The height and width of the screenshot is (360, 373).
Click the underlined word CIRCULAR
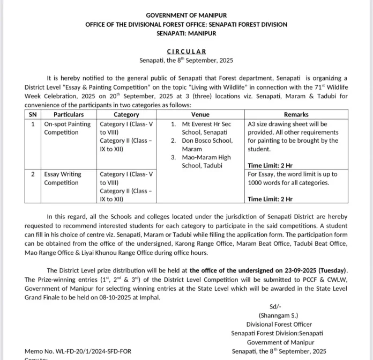click(x=186, y=51)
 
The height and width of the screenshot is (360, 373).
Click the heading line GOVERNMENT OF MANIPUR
click(x=186, y=16)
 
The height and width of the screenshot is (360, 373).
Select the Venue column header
click(x=200, y=114)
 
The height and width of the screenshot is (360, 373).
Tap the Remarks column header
click(x=296, y=114)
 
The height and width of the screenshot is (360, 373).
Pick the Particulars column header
click(x=69, y=114)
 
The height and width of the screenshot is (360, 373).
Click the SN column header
click(x=33, y=114)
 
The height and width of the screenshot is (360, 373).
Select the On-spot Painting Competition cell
click(x=68, y=128)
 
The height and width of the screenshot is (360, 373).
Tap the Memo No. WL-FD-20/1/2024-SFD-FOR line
click(x=78, y=351)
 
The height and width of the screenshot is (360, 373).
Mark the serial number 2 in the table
click(x=33, y=174)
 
